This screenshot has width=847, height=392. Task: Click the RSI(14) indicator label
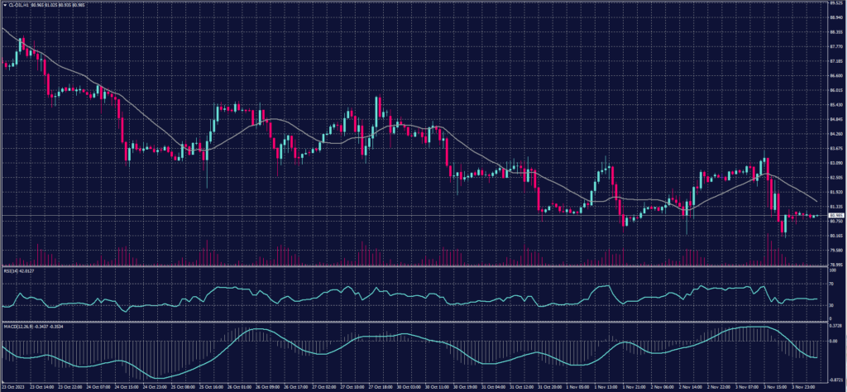(11, 270)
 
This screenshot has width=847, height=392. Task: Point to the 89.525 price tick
(835, 3)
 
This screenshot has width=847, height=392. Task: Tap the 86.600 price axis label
(835, 76)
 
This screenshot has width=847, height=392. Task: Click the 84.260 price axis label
(835, 134)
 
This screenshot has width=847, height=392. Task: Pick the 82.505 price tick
(835, 177)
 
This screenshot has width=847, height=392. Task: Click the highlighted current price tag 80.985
(835, 216)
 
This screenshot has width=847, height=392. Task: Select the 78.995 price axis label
(835, 265)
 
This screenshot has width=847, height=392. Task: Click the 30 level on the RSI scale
(830, 305)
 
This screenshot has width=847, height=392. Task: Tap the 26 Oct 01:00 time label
(241, 386)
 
